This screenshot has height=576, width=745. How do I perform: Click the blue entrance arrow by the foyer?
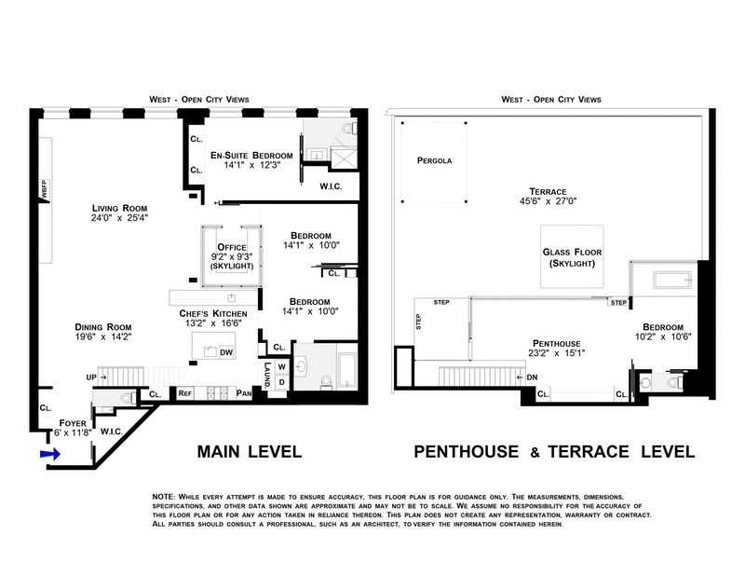click(50, 454)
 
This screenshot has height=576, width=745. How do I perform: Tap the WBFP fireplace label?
click(44, 189)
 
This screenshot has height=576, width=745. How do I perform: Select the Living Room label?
click(120, 209)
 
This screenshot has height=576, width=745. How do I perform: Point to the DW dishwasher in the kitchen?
click(226, 352)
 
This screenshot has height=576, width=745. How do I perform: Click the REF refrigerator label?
click(184, 393)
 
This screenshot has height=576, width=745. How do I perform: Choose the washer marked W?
click(282, 367)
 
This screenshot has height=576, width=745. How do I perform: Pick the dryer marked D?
click(282, 382)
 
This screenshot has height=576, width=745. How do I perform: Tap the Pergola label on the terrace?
click(434, 160)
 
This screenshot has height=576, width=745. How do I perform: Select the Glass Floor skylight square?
click(572, 257)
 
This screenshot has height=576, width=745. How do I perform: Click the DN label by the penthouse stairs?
click(532, 377)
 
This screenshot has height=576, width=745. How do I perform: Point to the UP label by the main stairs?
click(91, 377)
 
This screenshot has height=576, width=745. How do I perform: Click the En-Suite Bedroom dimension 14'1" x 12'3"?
click(251, 165)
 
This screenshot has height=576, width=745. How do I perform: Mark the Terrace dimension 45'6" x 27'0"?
click(548, 201)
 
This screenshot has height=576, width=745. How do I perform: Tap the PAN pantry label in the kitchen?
click(244, 393)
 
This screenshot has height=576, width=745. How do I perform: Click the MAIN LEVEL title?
click(250, 451)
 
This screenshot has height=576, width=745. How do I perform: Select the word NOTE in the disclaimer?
click(164, 497)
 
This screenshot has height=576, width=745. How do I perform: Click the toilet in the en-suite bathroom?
click(348, 128)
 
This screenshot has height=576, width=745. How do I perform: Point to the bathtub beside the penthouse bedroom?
click(672, 281)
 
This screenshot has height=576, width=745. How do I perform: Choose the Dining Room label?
click(103, 327)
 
